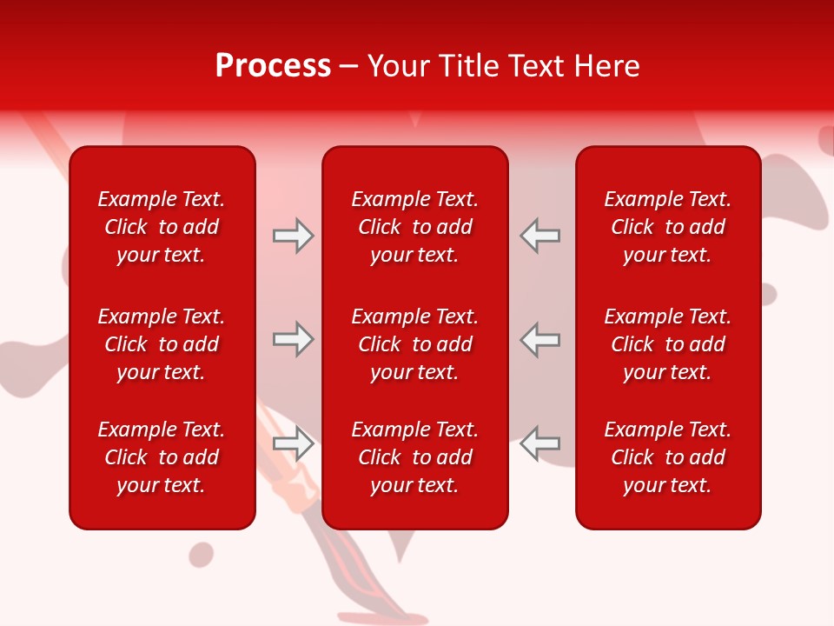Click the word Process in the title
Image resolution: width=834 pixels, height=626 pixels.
pyautogui.click(x=273, y=66)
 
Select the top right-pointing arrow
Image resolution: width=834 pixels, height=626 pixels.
pyautogui.click(x=293, y=236)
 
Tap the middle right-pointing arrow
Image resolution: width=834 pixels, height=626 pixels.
pyautogui.click(x=293, y=339)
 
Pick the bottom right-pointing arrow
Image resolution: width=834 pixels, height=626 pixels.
pyautogui.click(x=293, y=443)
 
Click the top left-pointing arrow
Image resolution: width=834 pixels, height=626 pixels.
pyautogui.click(x=539, y=236)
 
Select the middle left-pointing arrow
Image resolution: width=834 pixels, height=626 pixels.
pyautogui.click(x=539, y=339)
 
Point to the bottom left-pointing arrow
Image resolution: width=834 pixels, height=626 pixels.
pyautogui.click(x=539, y=443)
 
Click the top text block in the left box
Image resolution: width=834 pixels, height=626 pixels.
pyautogui.click(x=162, y=227)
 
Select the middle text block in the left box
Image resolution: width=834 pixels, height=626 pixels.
pyautogui.click(x=162, y=344)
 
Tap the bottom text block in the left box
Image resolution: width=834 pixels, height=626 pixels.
pyautogui.click(x=162, y=457)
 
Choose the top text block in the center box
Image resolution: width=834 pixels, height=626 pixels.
pyautogui.click(x=415, y=227)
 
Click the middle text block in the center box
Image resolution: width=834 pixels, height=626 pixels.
pyautogui.click(x=415, y=344)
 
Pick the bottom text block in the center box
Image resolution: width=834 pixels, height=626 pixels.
pyautogui.click(x=415, y=457)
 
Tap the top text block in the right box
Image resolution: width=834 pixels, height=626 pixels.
pyautogui.click(x=668, y=227)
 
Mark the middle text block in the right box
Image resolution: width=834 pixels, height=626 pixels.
pyautogui.click(x=668, y=344)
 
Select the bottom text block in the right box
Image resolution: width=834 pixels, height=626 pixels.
pyautogui.click(x=668, y=457)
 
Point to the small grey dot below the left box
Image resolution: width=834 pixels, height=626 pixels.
pyautogui.click(x=202, y=554)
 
